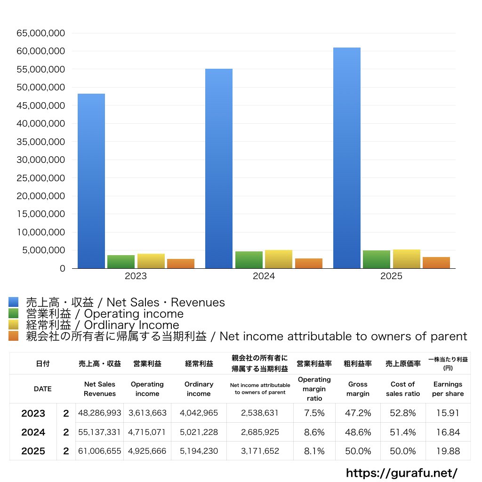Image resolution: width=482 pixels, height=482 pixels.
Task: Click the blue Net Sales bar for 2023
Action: [91, 181]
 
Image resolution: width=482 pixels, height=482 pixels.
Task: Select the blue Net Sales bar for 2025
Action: [347, 158]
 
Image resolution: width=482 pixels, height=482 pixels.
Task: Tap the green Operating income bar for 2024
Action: [249, 260]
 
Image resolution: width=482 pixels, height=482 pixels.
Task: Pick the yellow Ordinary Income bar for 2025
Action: [407, 259]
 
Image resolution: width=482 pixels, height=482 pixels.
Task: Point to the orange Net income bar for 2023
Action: [181, 264]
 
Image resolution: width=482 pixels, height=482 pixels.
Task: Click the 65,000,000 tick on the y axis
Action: [40, 33]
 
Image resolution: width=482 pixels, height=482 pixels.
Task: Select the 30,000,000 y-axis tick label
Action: [40, 160]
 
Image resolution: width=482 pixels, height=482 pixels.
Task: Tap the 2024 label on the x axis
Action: [264, 276]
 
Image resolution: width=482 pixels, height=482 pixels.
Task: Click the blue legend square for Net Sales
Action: [13, 302]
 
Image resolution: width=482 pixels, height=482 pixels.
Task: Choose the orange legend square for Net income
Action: [13, 336]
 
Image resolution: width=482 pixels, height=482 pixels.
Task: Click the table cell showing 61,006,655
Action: [100, 451]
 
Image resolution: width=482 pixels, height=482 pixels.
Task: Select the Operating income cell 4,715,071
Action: [147, 432]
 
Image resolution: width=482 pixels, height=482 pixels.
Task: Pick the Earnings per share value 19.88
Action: [448, 451]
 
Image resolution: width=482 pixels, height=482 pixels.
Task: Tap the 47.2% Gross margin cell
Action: [358, 413]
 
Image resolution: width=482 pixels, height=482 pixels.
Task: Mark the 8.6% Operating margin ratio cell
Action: [314, 432]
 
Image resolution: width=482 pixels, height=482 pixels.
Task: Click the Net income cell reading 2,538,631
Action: [260, 413]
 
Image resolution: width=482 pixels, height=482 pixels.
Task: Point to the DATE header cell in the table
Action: [42, 389]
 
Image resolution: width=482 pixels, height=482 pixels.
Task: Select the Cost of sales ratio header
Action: [402, 389]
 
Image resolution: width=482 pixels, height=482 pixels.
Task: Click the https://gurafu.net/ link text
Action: [402, 473]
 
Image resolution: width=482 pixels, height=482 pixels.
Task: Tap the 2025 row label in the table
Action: [33, 451]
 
